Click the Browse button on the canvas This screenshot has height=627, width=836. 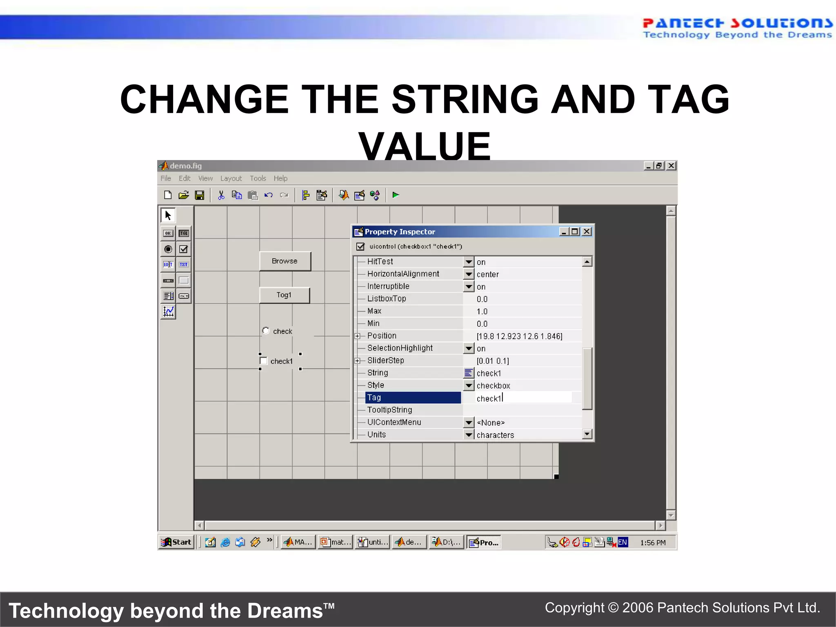point(285,261)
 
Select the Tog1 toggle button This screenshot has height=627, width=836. point(285,295)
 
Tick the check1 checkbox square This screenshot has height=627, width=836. point(264,361)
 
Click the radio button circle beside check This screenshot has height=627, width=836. point(266,331)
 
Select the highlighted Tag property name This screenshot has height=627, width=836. point(413,398)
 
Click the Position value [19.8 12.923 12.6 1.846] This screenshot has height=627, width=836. point(519,336)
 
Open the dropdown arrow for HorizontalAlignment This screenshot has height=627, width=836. point(469,274)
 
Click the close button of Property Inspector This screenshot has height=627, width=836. point(587,232)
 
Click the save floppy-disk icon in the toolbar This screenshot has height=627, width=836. point(200,196)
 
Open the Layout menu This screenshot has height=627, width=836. point(231,178)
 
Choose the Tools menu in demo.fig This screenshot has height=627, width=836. point(258,178)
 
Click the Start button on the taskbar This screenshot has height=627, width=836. point(176,542)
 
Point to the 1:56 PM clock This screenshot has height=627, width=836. point(653,543)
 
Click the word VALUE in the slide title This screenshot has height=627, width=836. point(425,146)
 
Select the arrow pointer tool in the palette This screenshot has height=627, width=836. point(168,215)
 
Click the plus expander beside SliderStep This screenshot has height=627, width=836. point(358,361)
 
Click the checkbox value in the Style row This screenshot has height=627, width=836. point(494,386)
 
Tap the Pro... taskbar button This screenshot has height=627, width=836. point(484,543)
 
